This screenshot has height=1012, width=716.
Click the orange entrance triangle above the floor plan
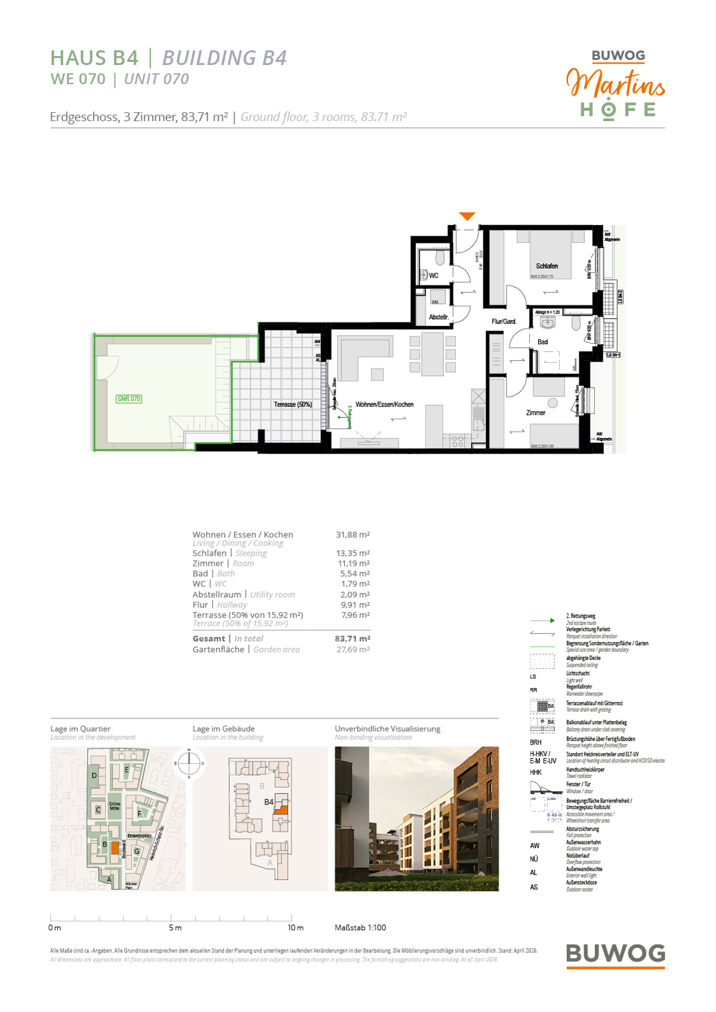pyautogui.click(x=467, y=216)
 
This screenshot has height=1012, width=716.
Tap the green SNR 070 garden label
pyautogui.click(x=129, y=399)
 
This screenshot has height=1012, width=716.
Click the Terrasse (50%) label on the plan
pyautogui.click(x=293, y=405)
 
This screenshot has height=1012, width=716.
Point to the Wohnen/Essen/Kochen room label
pyautogui.click(x=384, y=405)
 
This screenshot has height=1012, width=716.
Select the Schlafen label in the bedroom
pyautogui.click(x=547, y=266)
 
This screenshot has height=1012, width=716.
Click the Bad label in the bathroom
pyautogui.click(x=542, y=342)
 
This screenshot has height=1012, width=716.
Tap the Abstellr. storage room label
pyautogui.click(x=439, y=317)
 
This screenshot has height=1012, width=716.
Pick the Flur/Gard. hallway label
pyautogui.click(x=504, y=322)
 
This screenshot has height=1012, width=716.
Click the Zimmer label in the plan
pyautogui.click(x=535, y=413)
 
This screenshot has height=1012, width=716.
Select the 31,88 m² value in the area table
pyautogui.click(x=353, y=535)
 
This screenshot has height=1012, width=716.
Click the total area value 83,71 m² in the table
pyautogui.click(x=352, y=638)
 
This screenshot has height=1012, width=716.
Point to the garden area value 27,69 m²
pyautogui.click(x=353, y=649)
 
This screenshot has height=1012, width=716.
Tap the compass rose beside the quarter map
pyautogui.click(x=189, y=763)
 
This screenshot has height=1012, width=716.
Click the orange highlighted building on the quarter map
pyautogui.click(x=115, y=847)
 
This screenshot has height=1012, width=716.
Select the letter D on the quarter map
pyautogui.click(x=94, y=776)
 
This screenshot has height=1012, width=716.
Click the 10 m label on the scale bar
pyautogui.click(x=295, y=928)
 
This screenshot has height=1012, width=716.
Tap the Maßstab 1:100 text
pyautogui.click(x=360, y=928)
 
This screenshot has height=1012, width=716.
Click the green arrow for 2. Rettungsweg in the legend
pyautogui.click(x=542, y=621)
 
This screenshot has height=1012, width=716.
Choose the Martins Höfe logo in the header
pyautogui.click(x=616, y=85)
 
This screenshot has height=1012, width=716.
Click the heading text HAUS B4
pyautogui.click(x=94, y=58)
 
